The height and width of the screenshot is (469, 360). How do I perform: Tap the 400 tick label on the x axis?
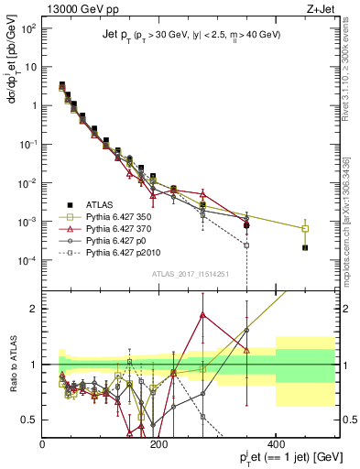click(x=276, y=446)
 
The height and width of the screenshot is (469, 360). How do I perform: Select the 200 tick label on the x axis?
click(x=159, y=446)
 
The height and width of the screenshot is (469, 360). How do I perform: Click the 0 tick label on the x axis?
click(x=42, y=446)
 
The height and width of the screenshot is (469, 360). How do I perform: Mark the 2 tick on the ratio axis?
click(x=34, y=308)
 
